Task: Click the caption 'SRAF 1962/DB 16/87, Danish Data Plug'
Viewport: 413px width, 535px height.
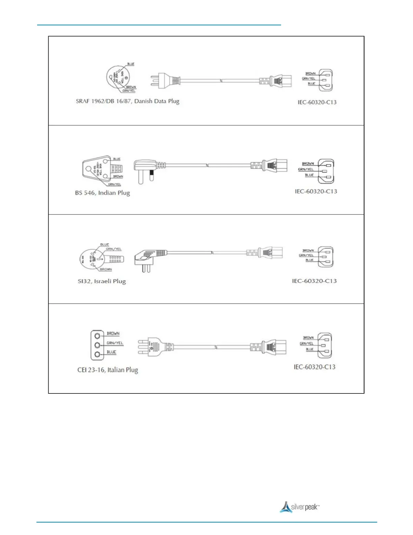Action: [128, 101]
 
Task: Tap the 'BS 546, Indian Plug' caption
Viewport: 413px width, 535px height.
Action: [102, 193]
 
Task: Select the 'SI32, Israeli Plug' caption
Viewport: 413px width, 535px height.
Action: [102, 281]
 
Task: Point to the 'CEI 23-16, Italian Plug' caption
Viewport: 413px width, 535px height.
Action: [108, 370]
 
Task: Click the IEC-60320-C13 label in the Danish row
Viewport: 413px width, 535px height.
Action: [317, 102]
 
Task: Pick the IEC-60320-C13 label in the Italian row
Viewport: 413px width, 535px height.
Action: [314, 367]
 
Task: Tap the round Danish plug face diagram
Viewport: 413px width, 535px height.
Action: [118, 77]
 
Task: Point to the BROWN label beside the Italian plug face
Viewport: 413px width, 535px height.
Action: [113, 333]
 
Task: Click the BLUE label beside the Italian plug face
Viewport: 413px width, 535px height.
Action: [111, 352]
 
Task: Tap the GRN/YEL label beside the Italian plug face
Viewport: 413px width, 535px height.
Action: [115, 343]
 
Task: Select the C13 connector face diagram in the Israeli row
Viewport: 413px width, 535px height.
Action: [325, 257]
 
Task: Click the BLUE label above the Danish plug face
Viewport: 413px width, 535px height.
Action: [131, 64]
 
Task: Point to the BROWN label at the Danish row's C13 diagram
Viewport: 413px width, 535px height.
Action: [310, 73]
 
